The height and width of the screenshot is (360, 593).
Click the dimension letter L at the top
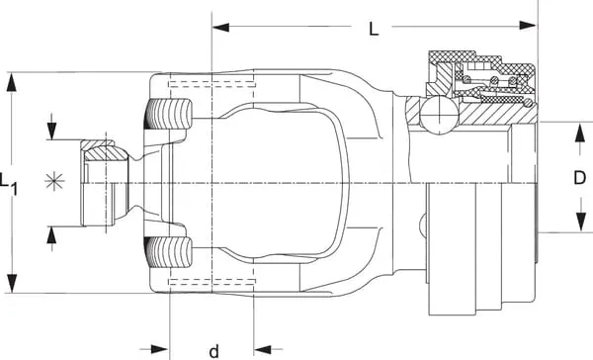coord(374,29)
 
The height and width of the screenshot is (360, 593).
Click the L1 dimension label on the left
coord(8,184)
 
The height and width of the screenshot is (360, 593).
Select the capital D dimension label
coord(579,178)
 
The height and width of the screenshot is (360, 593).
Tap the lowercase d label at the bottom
coord(214,351)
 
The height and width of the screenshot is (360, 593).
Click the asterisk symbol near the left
coord(54,181)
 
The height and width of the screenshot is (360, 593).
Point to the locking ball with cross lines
coord(439,115)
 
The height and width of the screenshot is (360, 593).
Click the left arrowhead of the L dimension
coord(220,28)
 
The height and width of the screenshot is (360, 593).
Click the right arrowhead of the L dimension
coord(528,26)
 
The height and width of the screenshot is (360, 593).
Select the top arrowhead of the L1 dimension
coord(12,82)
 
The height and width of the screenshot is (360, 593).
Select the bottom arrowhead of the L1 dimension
coord(12,283)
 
